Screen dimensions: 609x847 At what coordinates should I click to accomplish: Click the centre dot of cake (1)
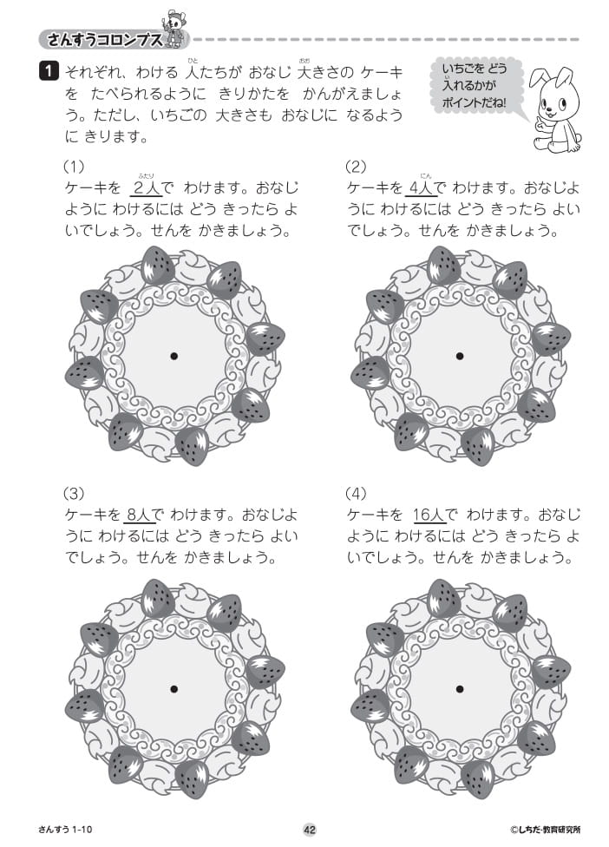click(174, 356)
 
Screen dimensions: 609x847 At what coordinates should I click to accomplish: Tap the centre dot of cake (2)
click(460, 356)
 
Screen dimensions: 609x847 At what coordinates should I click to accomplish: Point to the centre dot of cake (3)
click(174, 689)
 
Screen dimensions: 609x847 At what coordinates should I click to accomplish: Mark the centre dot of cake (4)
click(460, 689)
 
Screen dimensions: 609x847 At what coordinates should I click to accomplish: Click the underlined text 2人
click(146, 188)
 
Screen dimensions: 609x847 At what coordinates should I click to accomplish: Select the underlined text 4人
click(421, 188)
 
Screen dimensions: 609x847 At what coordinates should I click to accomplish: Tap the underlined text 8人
click(138, 515)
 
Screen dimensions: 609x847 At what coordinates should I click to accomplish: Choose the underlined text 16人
click(429, 515)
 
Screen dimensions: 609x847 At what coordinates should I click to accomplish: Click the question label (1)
click(74, 166)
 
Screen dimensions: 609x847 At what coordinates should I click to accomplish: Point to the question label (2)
click(356, 166)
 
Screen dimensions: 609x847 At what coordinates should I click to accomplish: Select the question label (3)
click(74, 493)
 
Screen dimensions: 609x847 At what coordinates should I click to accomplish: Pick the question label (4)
click(356, 493)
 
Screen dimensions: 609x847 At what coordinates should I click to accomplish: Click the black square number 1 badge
click(49, 72)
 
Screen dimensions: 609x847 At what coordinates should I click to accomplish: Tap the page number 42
click(310, 829)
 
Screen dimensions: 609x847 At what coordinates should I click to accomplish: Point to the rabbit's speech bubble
click(475, 87)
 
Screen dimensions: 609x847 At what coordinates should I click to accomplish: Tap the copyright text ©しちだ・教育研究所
click(546, 829)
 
